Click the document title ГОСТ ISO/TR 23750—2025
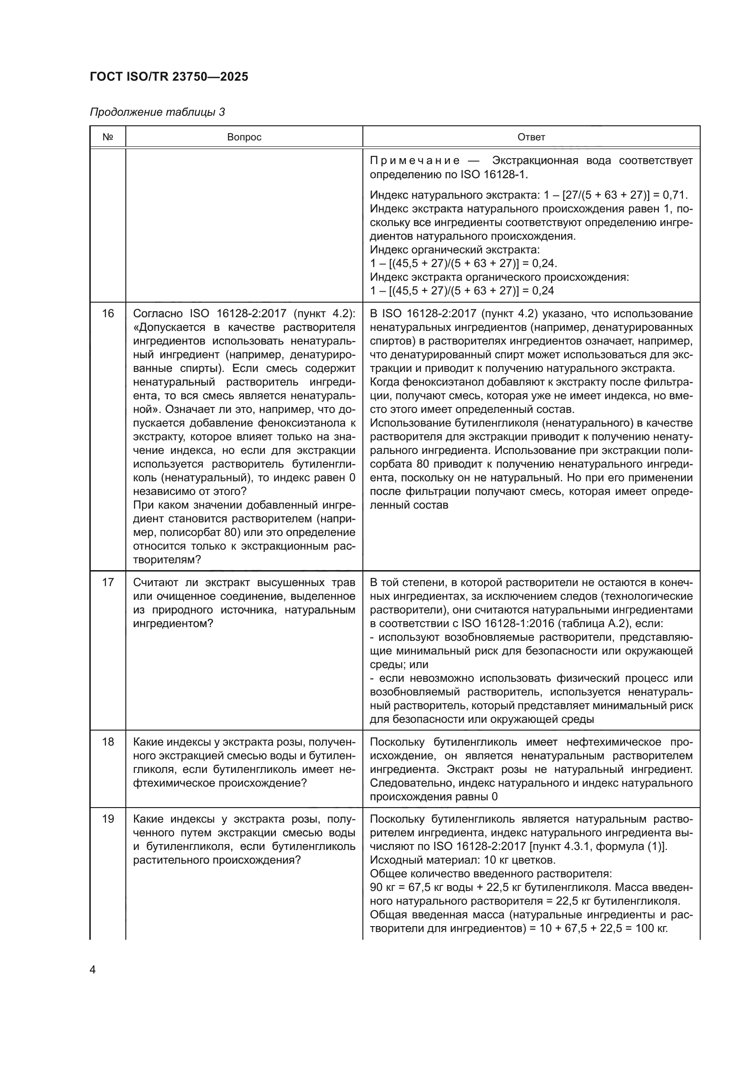[169, 77]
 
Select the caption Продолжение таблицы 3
[157, 112]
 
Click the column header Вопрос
[244, 138]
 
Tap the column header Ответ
[531, 138]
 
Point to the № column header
[108, 138]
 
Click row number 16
[108, 314]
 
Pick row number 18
[108, 742]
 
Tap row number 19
[108, 819]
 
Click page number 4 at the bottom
[93, 970]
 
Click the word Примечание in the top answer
[414, 161]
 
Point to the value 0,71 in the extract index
[675, 195]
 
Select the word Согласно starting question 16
[156, 314]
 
